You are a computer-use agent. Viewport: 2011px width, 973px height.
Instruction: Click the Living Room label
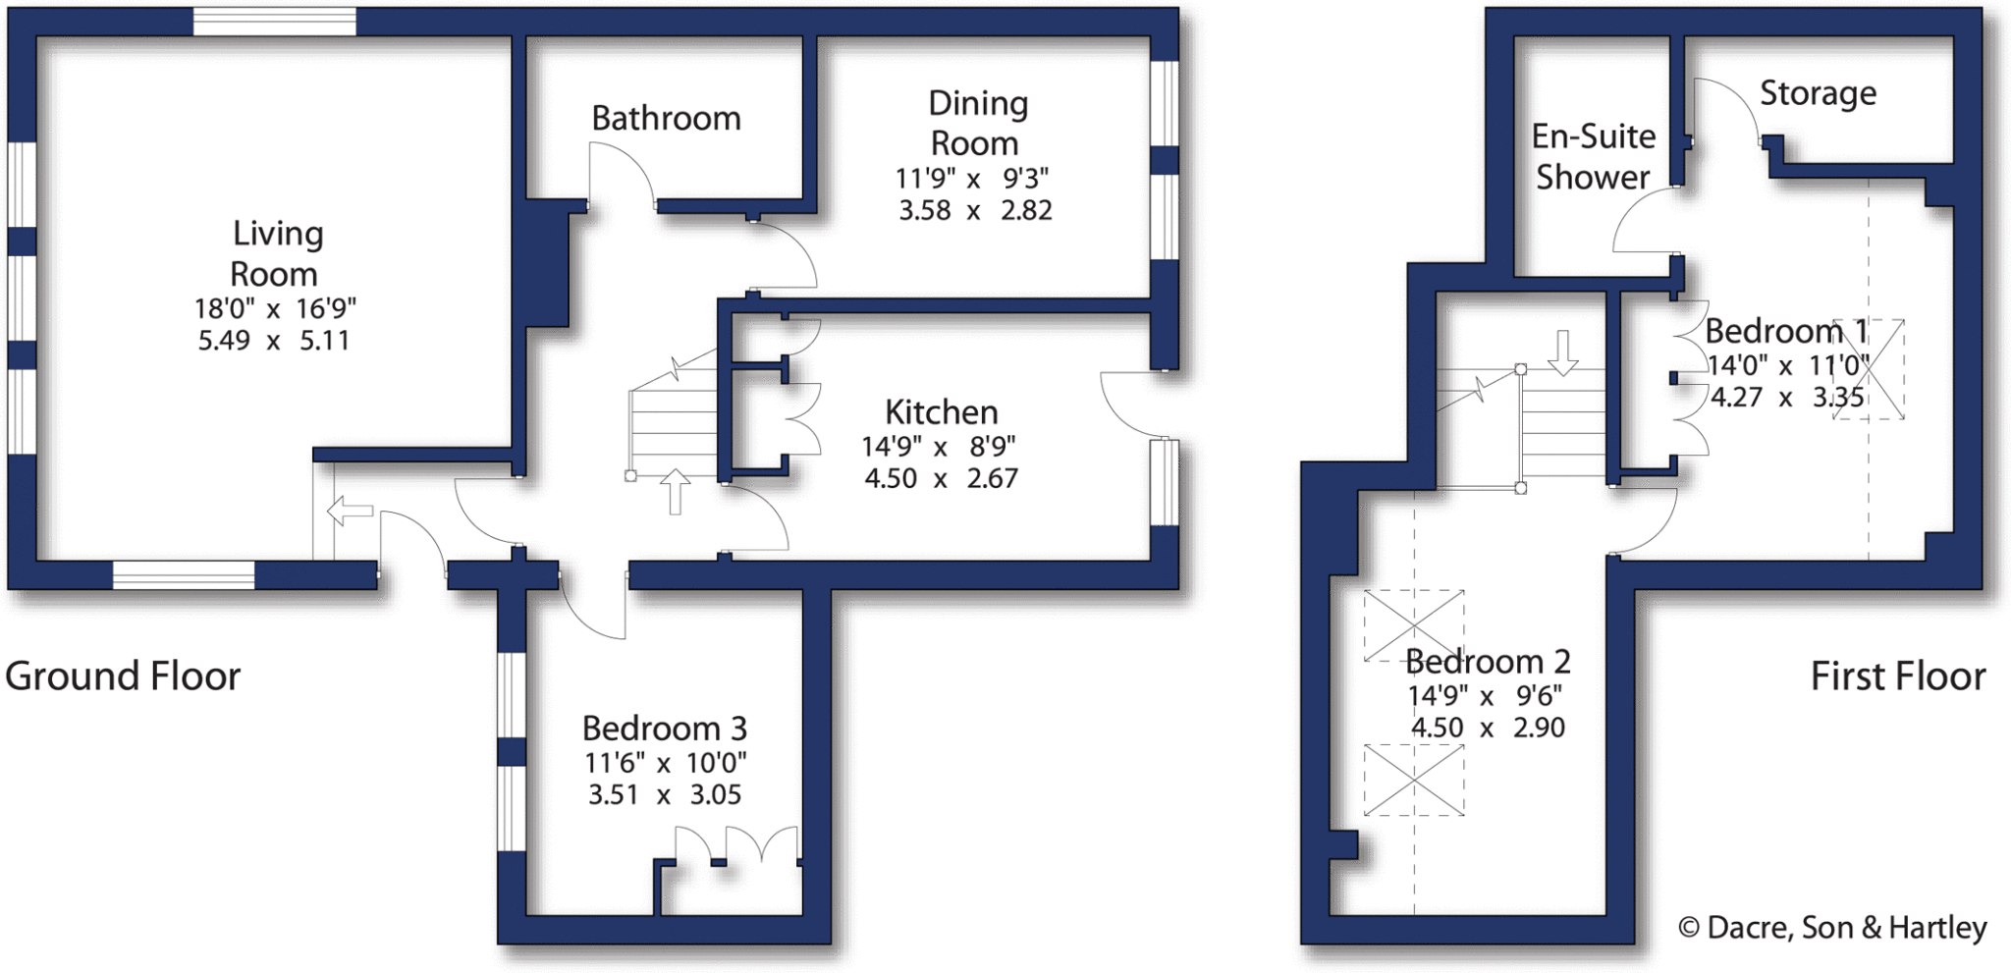[275, 253]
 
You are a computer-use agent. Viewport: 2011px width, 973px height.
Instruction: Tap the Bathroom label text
[666, 119]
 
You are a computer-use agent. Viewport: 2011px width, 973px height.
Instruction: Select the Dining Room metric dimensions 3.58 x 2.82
[975, 210]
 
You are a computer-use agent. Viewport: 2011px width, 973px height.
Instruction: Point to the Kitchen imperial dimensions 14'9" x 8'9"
[938, 447]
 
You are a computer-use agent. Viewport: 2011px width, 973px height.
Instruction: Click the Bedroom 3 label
[664, 729]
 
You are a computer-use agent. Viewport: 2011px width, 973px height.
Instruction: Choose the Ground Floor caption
[123, 676]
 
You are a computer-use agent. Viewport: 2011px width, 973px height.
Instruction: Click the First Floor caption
[1897, 676]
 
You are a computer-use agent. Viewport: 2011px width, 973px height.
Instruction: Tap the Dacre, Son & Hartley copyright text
[1832, 928]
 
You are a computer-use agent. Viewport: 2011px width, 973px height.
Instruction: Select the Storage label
[1818, 93]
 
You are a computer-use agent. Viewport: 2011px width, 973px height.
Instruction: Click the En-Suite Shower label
[1593, 156]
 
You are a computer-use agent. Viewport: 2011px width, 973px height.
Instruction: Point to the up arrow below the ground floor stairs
[675, 491]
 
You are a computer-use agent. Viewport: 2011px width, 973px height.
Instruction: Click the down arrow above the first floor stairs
[1562, 352]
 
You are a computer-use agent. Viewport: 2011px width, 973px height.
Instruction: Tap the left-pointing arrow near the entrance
[350, 511]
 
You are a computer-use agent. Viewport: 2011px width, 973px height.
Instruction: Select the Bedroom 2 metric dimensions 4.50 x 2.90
[1488, 728]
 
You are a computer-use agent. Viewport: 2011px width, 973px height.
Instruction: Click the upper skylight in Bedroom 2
[1414, 625]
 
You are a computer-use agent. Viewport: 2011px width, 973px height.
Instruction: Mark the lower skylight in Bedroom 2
[1414, 781]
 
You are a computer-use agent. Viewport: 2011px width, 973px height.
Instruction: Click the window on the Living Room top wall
[274, 22]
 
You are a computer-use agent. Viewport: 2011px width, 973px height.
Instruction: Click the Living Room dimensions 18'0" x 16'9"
[275, 308]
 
